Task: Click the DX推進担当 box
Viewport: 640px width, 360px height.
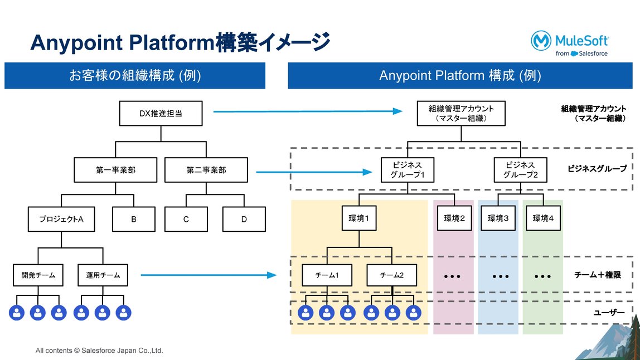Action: pyautogui.click(x=161, y=114)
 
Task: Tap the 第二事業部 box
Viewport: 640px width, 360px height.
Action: pyautogui.click(x=206, y=170)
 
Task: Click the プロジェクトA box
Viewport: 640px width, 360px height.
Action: pyautogui.click(x=61, y=219)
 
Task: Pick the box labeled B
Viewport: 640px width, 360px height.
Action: pyautogui.click(x=134, y=219)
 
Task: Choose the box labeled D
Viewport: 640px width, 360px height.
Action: pyautogui.click(x=244, y=219)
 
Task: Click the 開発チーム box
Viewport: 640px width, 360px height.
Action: pyautogui.click(x=38, y=275)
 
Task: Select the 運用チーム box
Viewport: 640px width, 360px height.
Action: pyautogui.click(x=103, y=275)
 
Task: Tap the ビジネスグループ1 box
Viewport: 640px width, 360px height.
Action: pyautogui.click(x=408, y=170)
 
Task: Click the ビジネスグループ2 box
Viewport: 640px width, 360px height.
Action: pyautogui.click(x=520, y=170)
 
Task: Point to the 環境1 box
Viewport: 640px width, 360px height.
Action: pyautogui.click(x=359, y=218)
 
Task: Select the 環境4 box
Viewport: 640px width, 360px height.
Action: pyautogui.click(x=543, y=218)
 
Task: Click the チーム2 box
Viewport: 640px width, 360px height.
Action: pyautogui.click(x=391, y=275)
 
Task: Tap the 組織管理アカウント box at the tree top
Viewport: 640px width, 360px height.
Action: pyautogui.click(x=461, y=113)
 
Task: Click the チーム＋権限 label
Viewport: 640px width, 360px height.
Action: pyautogui.click(x=597, y=275)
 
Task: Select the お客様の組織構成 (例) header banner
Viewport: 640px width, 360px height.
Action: pyautogui.click(x=135, y=76)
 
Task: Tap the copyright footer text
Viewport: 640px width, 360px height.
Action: pyautogui.click(x=99, y=351)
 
